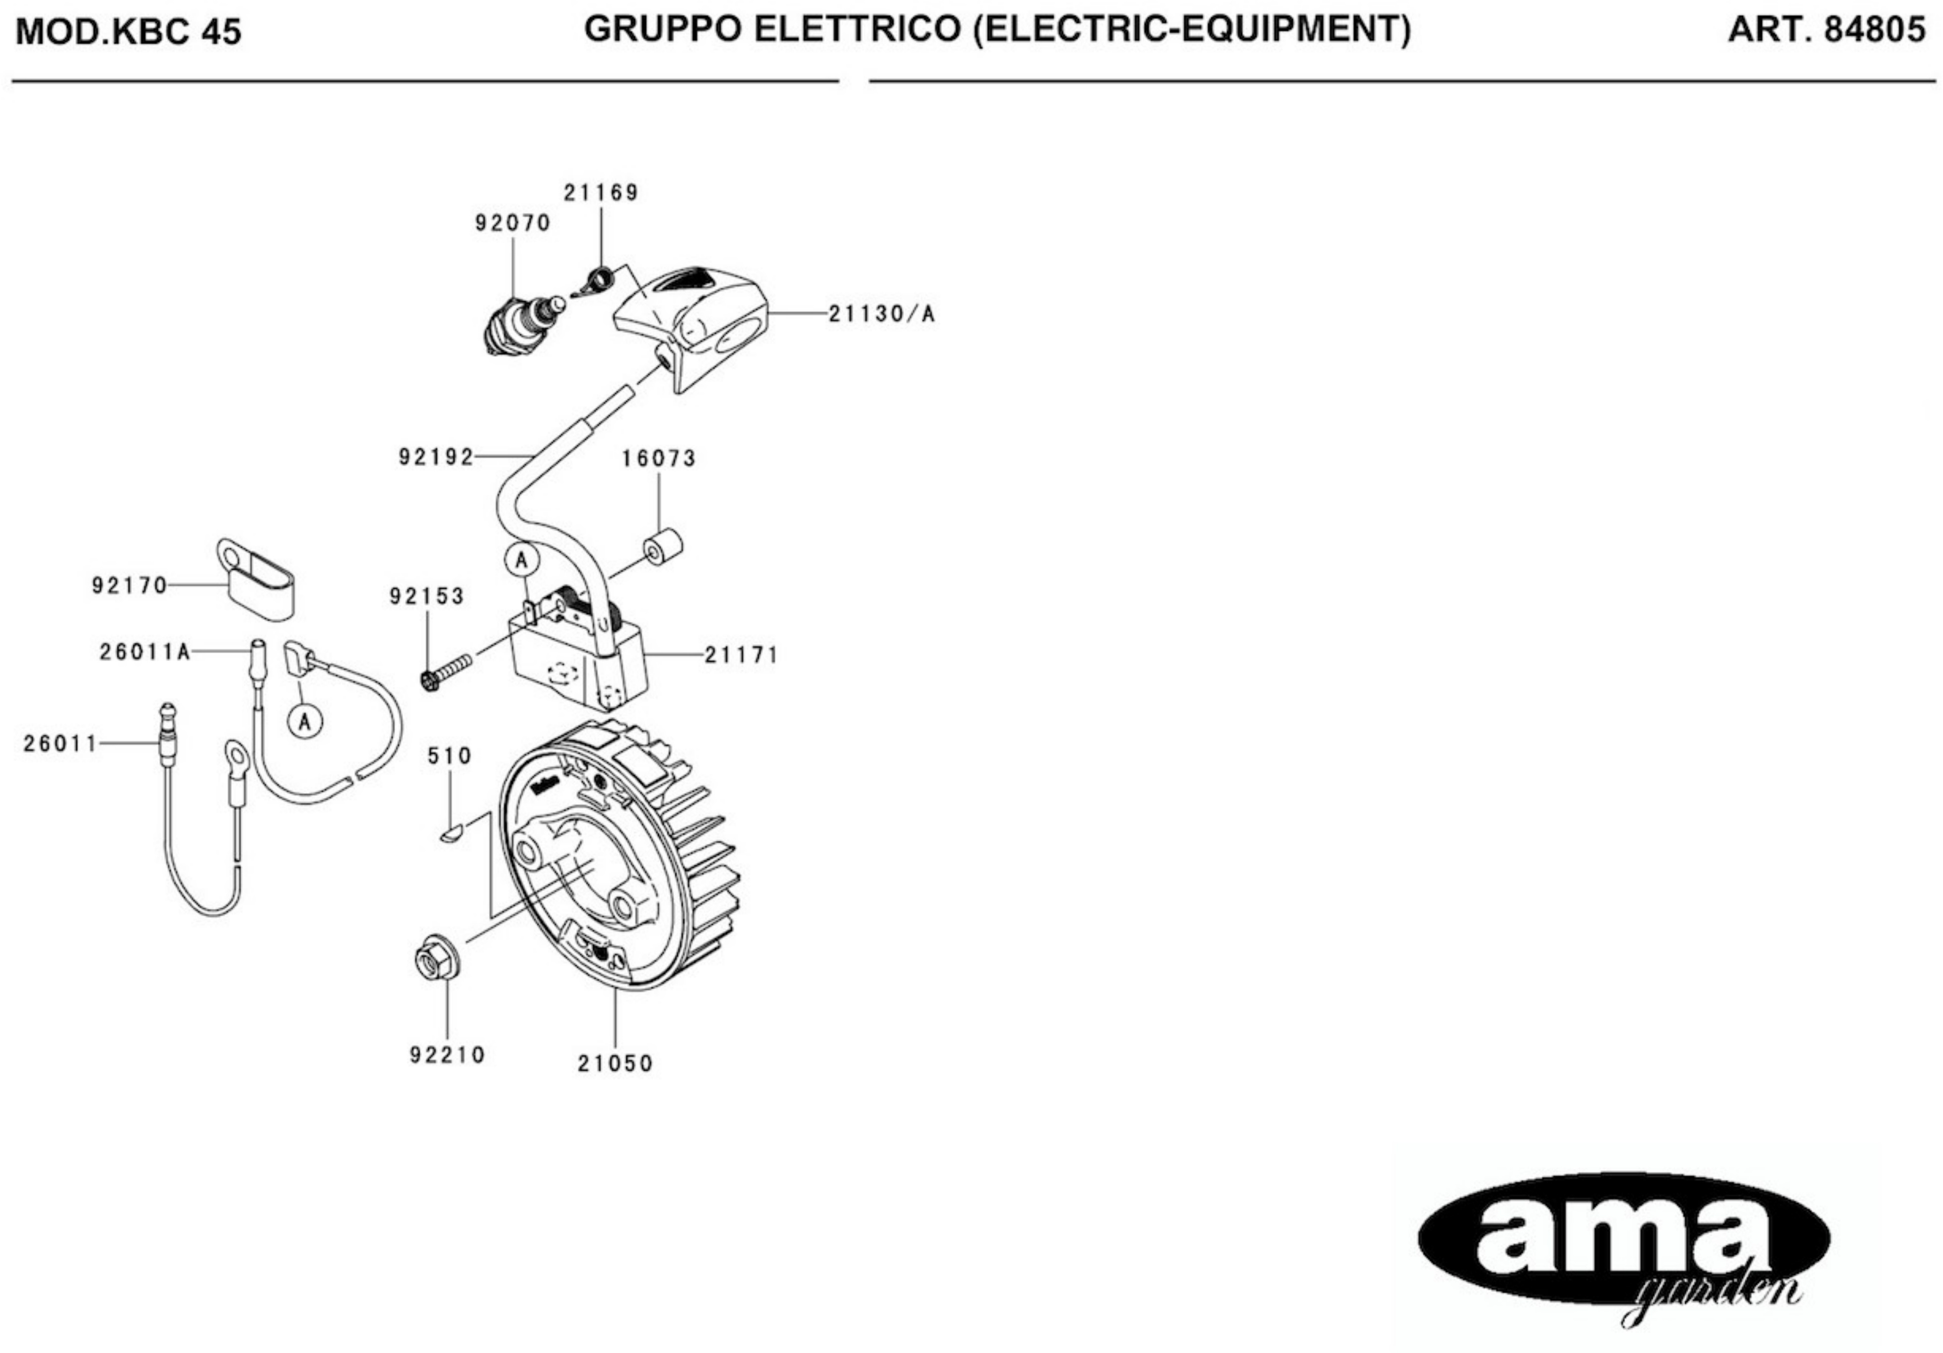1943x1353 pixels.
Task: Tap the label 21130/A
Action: coord(881,314)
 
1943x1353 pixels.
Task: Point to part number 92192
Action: coord(436,458)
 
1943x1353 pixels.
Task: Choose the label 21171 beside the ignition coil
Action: coord(741,655)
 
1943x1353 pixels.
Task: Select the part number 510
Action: coord(449,755)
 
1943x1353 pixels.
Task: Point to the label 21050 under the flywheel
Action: coord(615,1064)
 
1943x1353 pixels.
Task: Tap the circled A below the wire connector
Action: coord(305,722)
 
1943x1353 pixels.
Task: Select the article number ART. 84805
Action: coord(1826,30)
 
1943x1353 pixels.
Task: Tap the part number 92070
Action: coord(513,223)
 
